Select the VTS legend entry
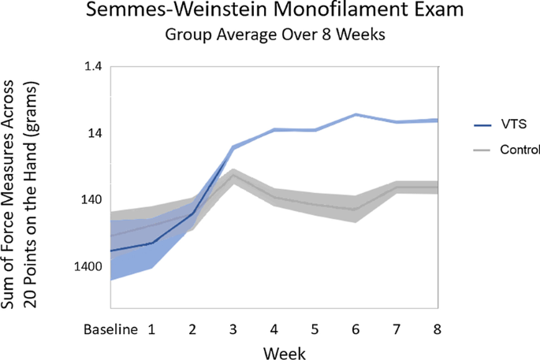point(506,124)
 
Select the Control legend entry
point(520,149)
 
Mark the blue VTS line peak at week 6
point(356,114)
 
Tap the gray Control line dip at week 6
point(356,210)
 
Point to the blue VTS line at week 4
point(274,129)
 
